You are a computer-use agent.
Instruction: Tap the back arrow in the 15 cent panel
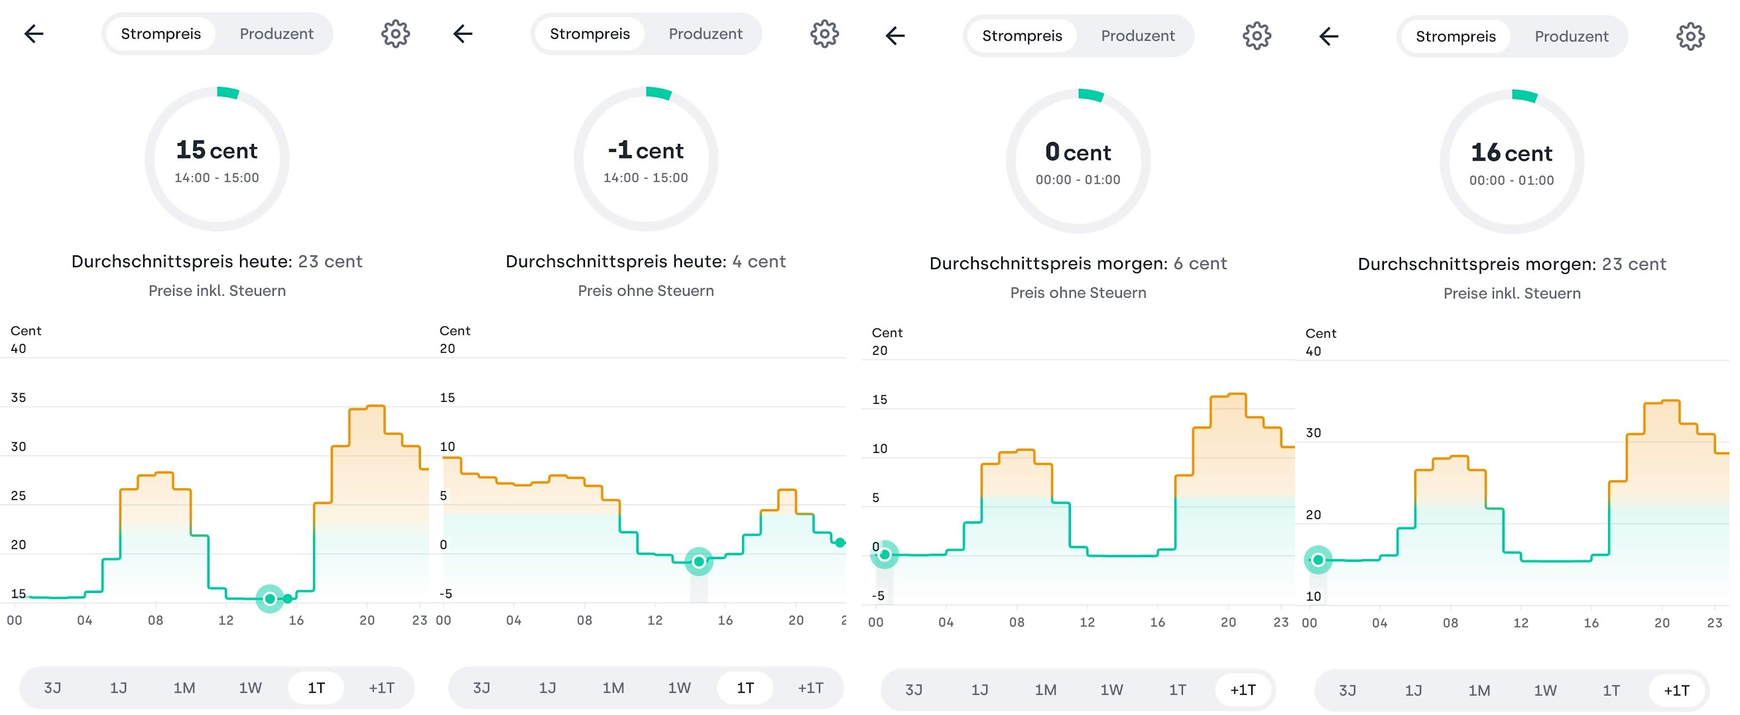(34, 33)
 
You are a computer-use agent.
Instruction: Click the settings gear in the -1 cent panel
(824, 33)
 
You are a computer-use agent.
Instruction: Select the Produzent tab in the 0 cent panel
(1137, 36)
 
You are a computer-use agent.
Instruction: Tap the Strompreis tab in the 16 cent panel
(1456, 36)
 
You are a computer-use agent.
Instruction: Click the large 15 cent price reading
(217, 150)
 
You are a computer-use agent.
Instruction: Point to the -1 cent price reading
(646, 150)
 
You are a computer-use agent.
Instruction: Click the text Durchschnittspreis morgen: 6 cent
(1078, 263)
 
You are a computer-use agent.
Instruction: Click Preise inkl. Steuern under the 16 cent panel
(1512, 293)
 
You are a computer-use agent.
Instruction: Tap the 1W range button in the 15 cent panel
(250, 688)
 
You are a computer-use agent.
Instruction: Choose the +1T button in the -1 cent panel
(810, 688)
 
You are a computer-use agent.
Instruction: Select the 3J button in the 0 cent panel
(913, 690)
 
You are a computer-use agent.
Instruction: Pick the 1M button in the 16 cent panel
(1479, 690)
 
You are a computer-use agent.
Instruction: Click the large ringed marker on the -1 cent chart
(699, 561)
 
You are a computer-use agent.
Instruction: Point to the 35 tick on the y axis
(19, 398)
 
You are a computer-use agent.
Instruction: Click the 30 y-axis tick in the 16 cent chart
(1313, 433)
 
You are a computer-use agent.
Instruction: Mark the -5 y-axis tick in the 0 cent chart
(877, 596)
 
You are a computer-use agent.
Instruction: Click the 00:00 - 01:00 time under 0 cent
(1078, 180)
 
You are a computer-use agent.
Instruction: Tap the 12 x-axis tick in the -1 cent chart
(654, 620)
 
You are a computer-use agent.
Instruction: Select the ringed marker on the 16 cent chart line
(1318, 560)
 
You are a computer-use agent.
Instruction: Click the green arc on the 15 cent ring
(228, 93)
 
